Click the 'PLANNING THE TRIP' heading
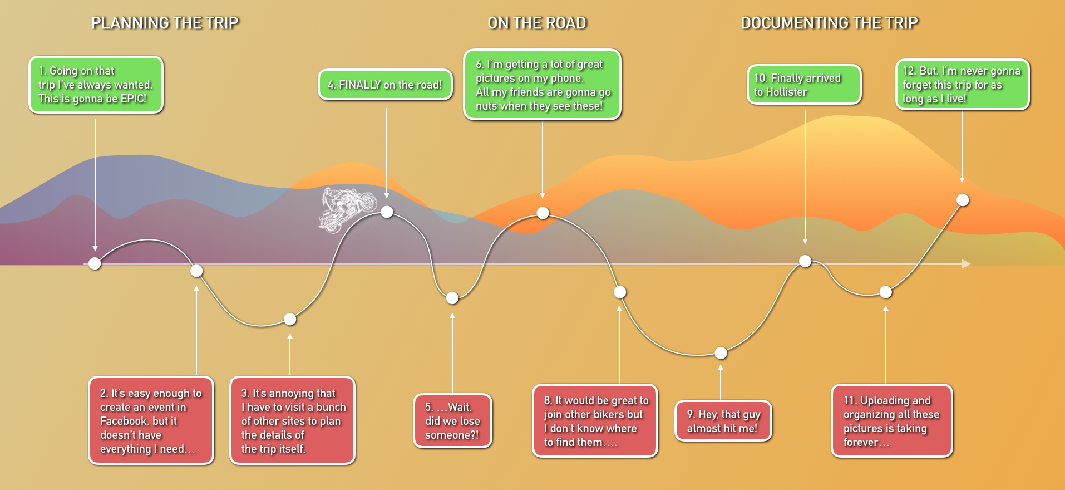tap(165, 23)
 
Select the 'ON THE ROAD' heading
tap(537, 23)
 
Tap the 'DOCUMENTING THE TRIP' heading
tap(829, 23)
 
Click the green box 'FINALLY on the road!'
tap(385, 85)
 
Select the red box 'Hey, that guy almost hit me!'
tap(723, 421)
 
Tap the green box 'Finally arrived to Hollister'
tap(804, 85)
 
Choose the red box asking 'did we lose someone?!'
tap(452, 421)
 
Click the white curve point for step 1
tap(95, 263)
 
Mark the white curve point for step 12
tap(963, 200)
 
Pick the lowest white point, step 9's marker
tap(721, 353)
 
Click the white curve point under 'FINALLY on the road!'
tap(387, 212)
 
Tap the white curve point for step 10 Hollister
tap(805, 261)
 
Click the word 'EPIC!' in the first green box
tap(134, 99)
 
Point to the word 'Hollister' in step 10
tap(786, 92)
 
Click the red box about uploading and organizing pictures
tap(891, 421)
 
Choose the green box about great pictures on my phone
tap(542, 85)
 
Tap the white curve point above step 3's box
tap(290, 319)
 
